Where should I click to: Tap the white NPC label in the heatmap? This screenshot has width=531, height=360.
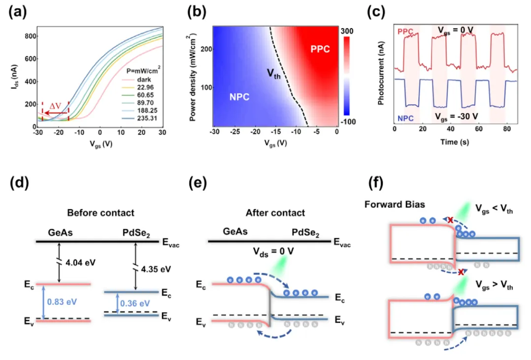point(239,97)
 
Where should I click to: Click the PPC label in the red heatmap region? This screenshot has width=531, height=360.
point(320,49)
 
